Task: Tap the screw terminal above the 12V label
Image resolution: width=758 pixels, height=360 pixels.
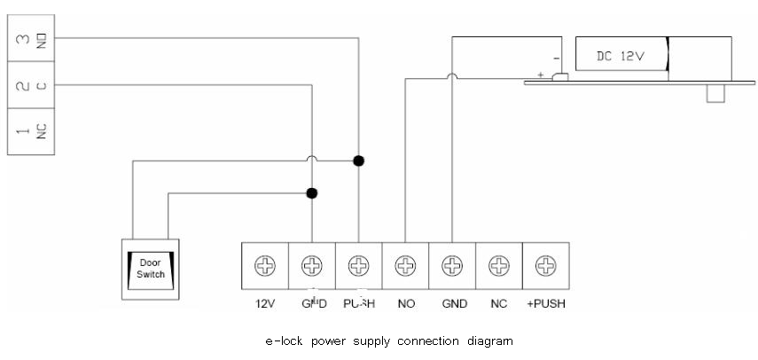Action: pyautogui.click(x=263, y=263)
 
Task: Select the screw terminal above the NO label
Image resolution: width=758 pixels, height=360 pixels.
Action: pyautogui.click(x=405, y=263)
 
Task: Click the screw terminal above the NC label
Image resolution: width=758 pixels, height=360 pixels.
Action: pyautogui.click(x=499, y=263)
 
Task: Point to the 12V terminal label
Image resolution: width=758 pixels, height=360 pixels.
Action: pyautogui.click(x=263, y=303)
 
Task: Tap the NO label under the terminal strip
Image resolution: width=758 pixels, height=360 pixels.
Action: pyautogui.click(x=406, y=303)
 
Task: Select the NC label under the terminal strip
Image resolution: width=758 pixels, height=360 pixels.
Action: pyautogui.click(x=499, y=303)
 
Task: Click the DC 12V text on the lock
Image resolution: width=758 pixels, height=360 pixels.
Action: pyautogui.click(x=620, y=55)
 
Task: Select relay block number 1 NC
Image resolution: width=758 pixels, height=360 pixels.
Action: pyautogui.click(x=26, y=130)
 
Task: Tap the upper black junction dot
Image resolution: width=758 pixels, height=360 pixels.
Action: pyautogui.click(x=358, y=160)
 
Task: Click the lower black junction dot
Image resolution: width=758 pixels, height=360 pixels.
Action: pyautogui.click(x=311, y=192)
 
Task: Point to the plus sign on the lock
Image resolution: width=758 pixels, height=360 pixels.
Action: pyautogui.click(x=541, y=76)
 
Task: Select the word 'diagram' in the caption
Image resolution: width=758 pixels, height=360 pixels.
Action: pyautogui.click(x=493, y=340)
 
